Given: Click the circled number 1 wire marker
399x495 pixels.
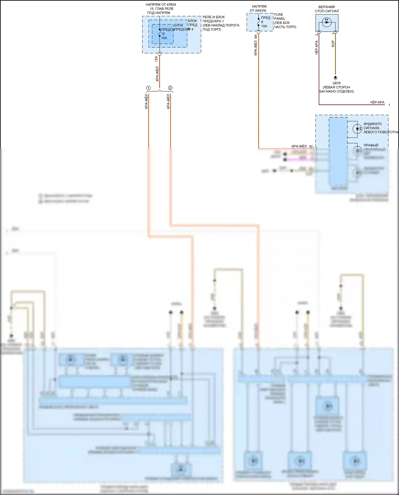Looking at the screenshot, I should [x=148, y=88].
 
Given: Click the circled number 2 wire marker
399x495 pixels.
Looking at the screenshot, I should [x=170, y=88].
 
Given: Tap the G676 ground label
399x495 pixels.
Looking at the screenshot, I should [x=336, y=83].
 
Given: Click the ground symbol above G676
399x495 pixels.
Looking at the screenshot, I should [x=335, y=78].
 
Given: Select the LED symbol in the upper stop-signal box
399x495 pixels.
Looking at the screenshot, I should [x=327, y=22].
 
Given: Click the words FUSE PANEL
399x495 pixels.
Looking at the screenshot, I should [x=280, y=16].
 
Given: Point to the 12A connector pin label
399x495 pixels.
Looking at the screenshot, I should [x=156, y=59].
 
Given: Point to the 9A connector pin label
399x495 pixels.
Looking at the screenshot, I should [x=256, y=37].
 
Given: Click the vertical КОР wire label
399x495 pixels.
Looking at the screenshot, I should [x=333, y=44].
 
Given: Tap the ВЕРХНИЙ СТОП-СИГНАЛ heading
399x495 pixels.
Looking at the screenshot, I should [x=327, y=9].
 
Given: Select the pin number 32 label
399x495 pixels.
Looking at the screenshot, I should [x=311, y=147].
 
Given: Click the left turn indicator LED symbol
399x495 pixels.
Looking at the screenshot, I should [x=357, y=129].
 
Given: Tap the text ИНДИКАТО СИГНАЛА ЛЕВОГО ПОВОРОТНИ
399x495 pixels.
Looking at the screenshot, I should [x=380, y=128].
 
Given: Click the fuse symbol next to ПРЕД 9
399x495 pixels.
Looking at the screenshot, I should [x=258, y=22].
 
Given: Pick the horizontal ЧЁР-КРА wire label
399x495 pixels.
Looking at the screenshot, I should [x=377, y=102].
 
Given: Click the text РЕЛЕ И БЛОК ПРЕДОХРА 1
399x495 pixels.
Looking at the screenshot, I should [x=213, y=19].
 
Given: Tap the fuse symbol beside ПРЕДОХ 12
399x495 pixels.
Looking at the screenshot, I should [x=159, y=33].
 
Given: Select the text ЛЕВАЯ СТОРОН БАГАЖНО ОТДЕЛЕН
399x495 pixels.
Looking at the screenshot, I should [x=336, y=89].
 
